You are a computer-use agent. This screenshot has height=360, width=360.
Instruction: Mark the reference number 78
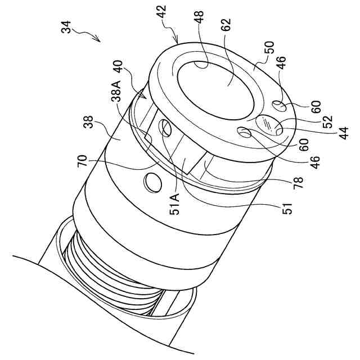[x=298, y=181]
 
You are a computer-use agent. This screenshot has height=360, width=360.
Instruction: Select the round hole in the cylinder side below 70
[x=152, y=181]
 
